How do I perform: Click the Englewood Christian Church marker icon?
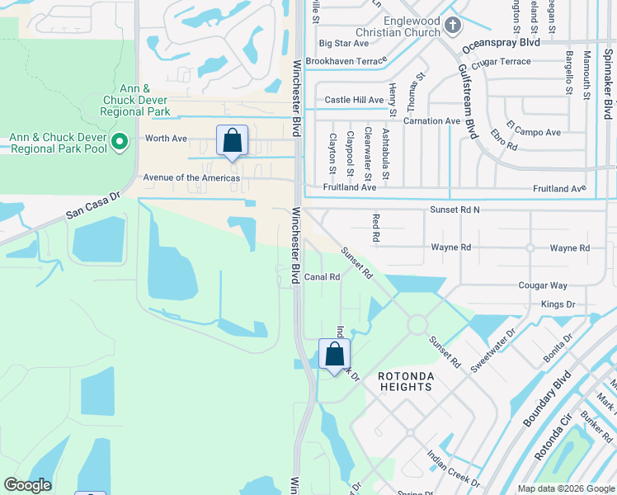[453, 25]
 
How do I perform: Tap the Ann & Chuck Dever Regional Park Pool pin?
[120, 143]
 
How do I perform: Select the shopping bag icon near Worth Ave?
[233, 140]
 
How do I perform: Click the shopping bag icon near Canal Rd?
[334, 355]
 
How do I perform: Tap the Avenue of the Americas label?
[191, 178]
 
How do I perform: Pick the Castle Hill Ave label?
[354, 100]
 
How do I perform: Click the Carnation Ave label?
[431, 121]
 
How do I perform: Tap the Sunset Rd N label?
[455, 210]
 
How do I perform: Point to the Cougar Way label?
[543, 285]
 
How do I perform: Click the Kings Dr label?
[558, 305]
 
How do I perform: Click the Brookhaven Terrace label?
[346, 61]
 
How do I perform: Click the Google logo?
[27, 485]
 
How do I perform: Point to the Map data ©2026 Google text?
[565, 488]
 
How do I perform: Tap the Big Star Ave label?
[343, 43]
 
